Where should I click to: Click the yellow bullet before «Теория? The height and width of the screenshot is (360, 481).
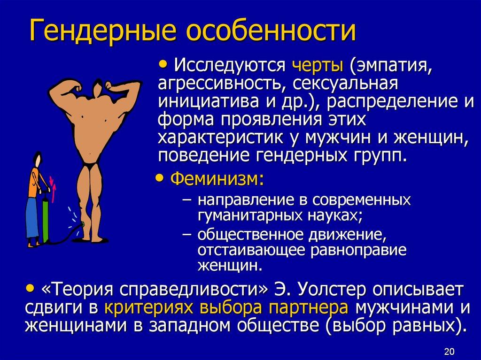click(31, 287)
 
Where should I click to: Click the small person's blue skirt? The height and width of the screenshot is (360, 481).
click(31, 218)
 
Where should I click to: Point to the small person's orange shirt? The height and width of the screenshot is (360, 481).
click(33, 184)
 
